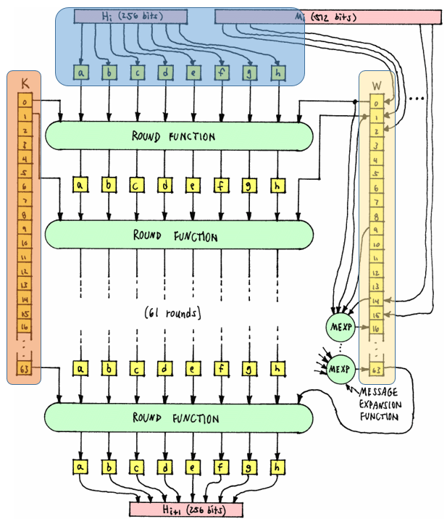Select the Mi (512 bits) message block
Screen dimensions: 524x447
pyautogui.click(x=327, y=15)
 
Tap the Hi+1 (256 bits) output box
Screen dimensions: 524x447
pyautogui.click(x=186, y=510)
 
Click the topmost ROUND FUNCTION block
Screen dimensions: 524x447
pyautogui.click(x=179, y=136)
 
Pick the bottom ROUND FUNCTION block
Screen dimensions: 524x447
pyautogui.click(x=179, y=418)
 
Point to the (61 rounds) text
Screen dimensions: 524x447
pyautogui.click(x=172, y=314)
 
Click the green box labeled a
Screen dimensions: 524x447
pyautogui.click(x=80, y=72)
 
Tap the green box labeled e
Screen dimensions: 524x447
pyautogui.click(x=193, y=72)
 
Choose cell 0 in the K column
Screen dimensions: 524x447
pyautogui.click(x=25, y=102)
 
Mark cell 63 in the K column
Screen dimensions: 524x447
pyautogui.click(x=25, y=370)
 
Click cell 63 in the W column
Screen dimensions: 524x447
pyautogui.click(x=375, y=370)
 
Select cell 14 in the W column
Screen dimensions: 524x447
pyautogui.click(x=375, y=300)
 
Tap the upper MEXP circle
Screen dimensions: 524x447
pyautogui.click(x=340, y=325)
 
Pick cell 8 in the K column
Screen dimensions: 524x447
pyautogui.click(x=25, y=215)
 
